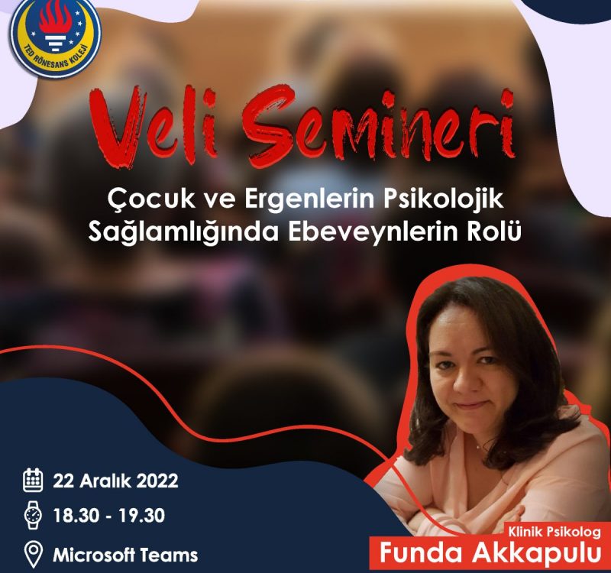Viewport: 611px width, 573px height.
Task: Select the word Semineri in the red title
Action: pos(379,125)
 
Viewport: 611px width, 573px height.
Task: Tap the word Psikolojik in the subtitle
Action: pos(443,199)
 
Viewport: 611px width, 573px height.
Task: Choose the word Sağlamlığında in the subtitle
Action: pos(183,231)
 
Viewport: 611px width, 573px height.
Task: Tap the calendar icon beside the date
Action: pos(33,480)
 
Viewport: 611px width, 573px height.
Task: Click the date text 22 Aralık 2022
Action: pos(116,481)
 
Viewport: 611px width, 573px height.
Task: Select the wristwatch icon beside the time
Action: pos(33,515)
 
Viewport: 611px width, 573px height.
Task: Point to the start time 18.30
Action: pos(76,515)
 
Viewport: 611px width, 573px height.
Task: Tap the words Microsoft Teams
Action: pos(125,555)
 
